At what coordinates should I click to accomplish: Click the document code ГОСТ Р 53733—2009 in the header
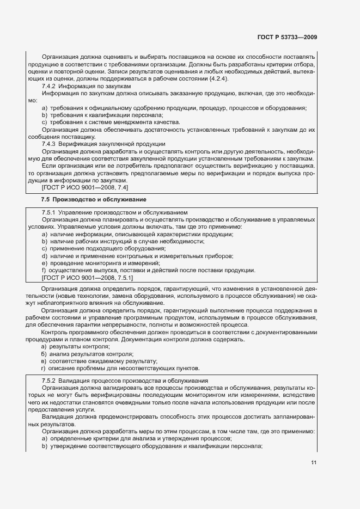click(x=287, y=38)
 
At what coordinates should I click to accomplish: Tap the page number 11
click(x=314, y=463)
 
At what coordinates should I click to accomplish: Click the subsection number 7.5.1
click(x=51, y=211)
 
